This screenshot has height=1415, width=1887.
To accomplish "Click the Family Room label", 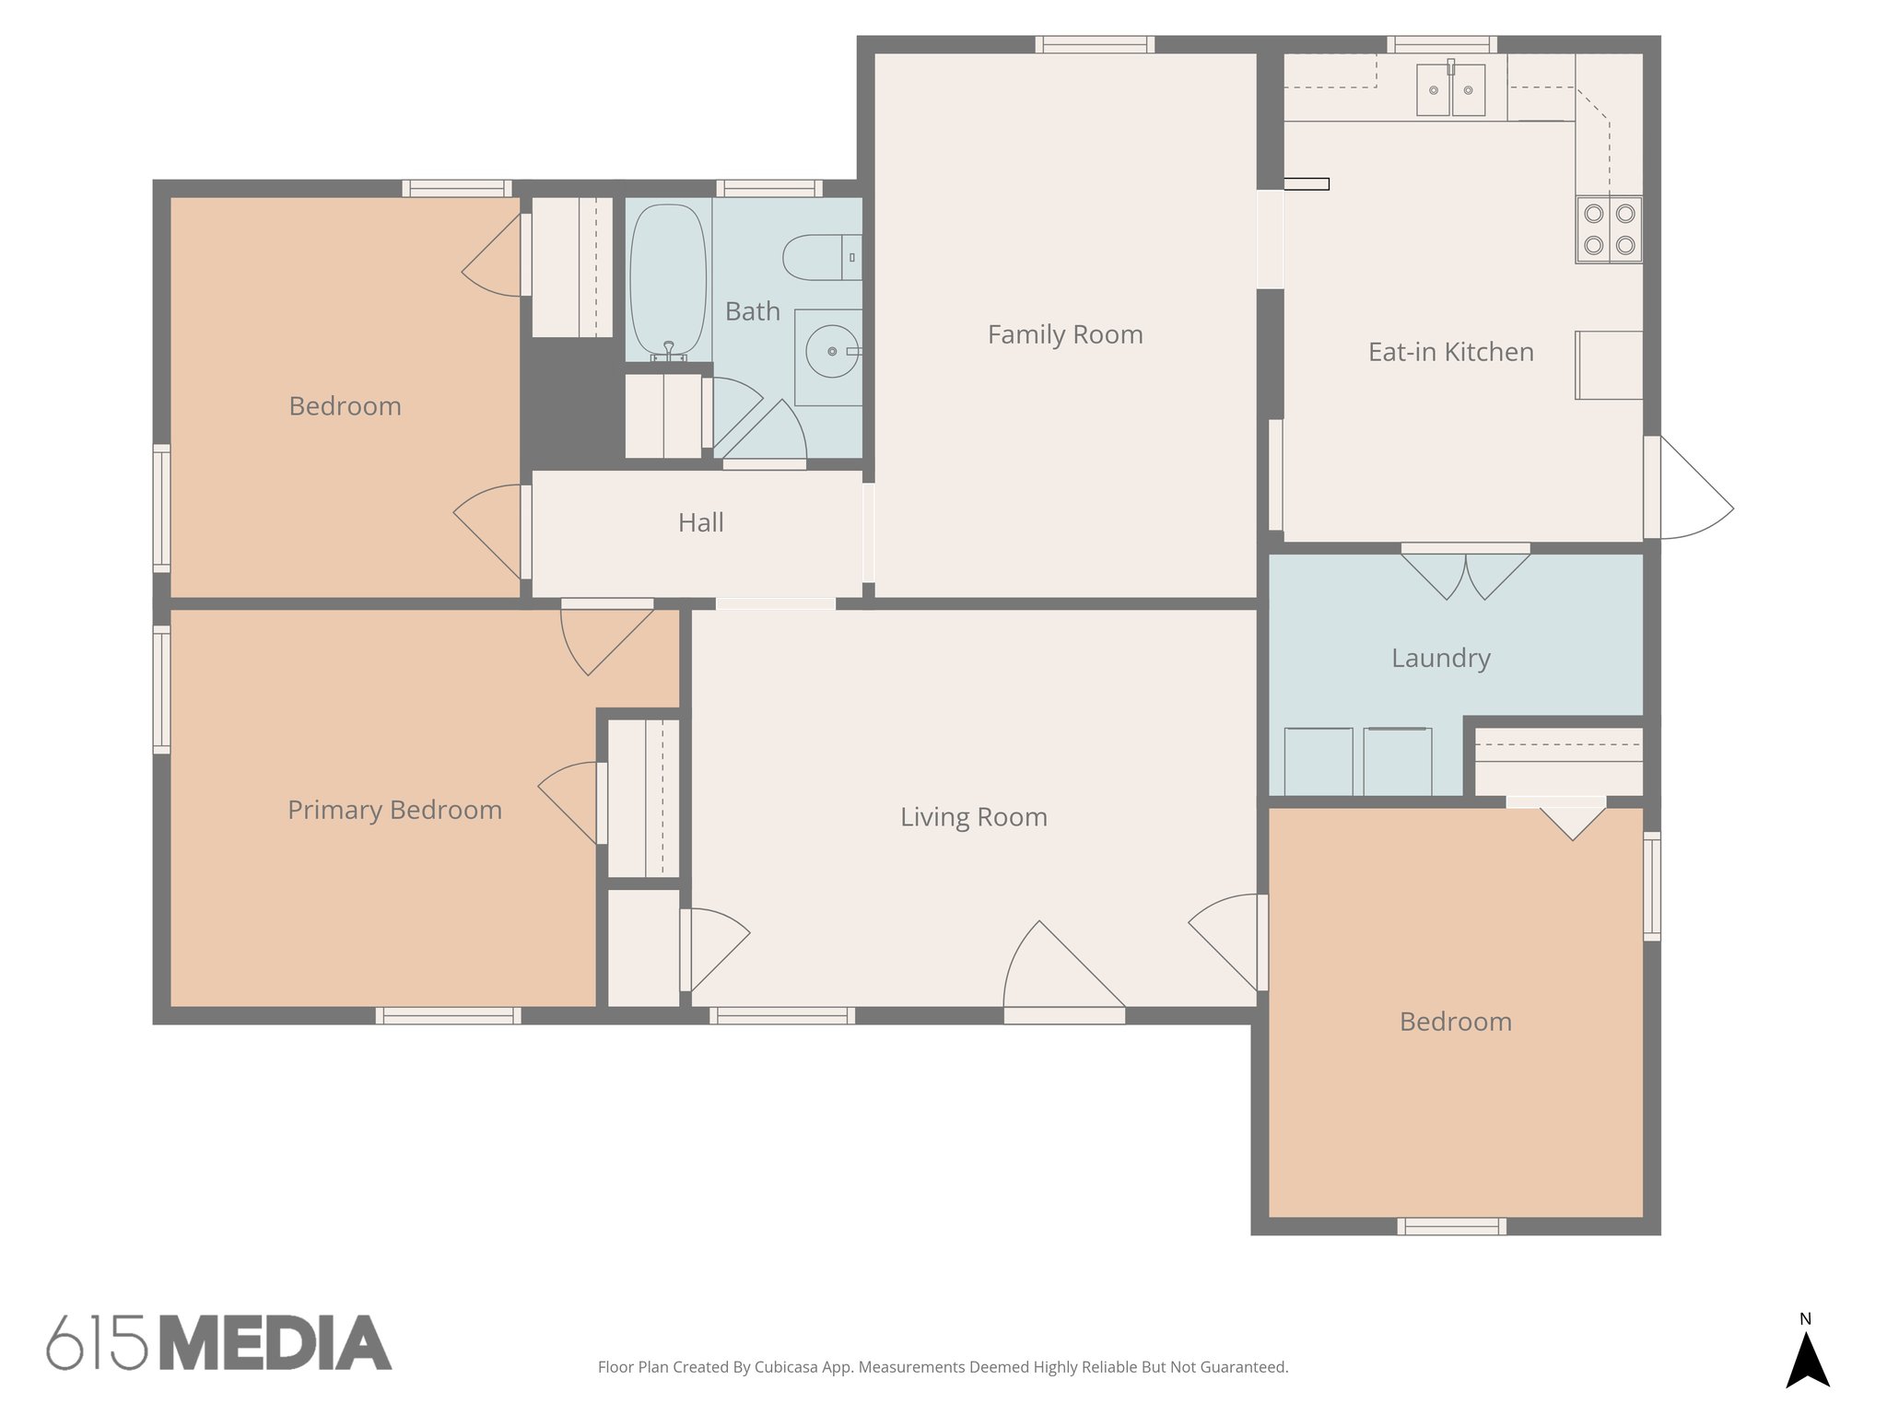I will tap(1065, 334).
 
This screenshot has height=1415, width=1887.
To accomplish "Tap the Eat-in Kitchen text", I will tap(1450, 352).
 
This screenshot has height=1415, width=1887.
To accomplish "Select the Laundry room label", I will tap(1440, 658).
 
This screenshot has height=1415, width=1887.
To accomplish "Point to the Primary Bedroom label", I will tap(394, 810).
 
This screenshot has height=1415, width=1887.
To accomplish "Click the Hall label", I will tap(700, 522).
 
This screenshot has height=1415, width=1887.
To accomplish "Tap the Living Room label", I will tap(973, 817).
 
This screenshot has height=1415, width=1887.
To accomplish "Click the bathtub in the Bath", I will tap(667, 279).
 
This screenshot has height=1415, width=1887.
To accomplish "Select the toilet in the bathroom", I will tap(820, 257).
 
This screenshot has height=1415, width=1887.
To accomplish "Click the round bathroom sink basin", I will tap(832, 351).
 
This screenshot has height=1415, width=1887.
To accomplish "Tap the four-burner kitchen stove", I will tap(1609, 229).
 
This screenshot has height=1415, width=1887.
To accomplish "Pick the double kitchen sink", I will tap(1450, 90).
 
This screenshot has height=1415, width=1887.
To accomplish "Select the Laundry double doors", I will tap(1465, 573).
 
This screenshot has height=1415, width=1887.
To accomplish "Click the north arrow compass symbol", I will tap(1807, 1359).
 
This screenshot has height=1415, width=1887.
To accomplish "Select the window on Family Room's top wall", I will tap(1095, 44).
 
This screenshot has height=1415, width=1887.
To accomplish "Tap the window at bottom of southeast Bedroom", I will tap(1451, 1226).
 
